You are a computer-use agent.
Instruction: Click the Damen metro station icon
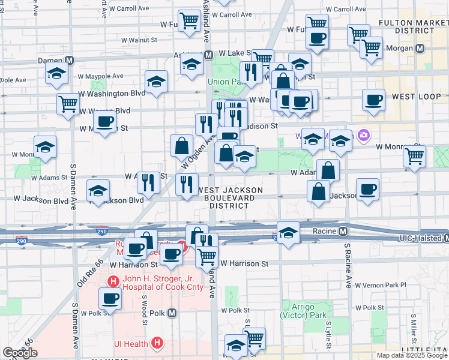pyautogui.click(x=70, y=60)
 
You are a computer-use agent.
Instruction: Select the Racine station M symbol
pyautogui.click(x=343, y=231)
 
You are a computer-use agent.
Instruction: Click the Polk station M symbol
pyautogui.click(x=172, y=313)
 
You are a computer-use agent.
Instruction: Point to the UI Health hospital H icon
pyautogui.click(x=157, y=343)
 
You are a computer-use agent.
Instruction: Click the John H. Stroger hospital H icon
pyautogui.click(x=112, y=281)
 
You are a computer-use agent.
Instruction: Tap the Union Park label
pyautogui.click(x=223, y=82)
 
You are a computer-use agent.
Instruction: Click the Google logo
pyautogui.click(x=20, y=352)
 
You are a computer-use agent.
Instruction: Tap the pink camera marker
pyautogui.click(x=363, y=136)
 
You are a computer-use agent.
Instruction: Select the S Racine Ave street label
pyautogui.click(x=348, y=265)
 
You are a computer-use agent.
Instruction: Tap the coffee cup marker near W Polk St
pyautogui.click(x=109, y=298)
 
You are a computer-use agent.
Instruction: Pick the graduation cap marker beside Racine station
pyautogui.click(x=289, y=233)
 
